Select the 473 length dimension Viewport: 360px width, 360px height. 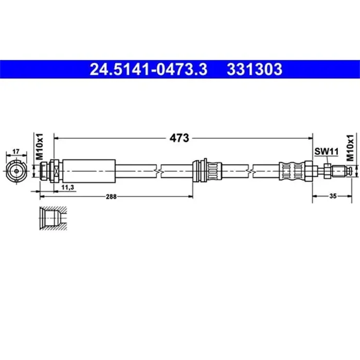click(180, 138)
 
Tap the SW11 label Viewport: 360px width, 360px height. click(326, 151)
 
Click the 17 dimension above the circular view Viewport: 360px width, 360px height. click(15, 151)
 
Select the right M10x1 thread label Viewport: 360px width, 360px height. click(351, 145)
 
